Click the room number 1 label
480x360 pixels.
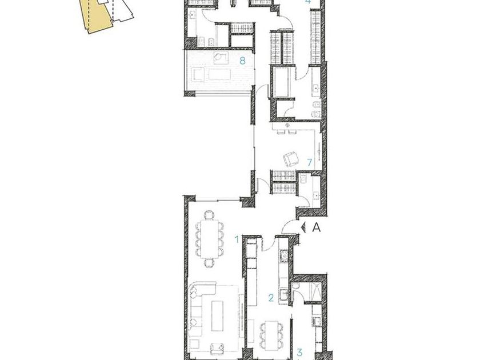click(x=237, y=239)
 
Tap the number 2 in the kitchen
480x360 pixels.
click(x=271, y=298)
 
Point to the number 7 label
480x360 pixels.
click(x=310, y=162)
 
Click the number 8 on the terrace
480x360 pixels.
click(x=242, y=61)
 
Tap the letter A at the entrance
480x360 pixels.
click(x=317, y=227)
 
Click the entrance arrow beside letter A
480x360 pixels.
click(x=303, y=227)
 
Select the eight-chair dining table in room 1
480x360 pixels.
click(x=210, y=239)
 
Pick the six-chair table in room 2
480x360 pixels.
click(x=271, y=335)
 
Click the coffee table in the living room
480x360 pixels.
click(x=217, y=315)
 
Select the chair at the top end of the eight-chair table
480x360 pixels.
click(x=210, y=215)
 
